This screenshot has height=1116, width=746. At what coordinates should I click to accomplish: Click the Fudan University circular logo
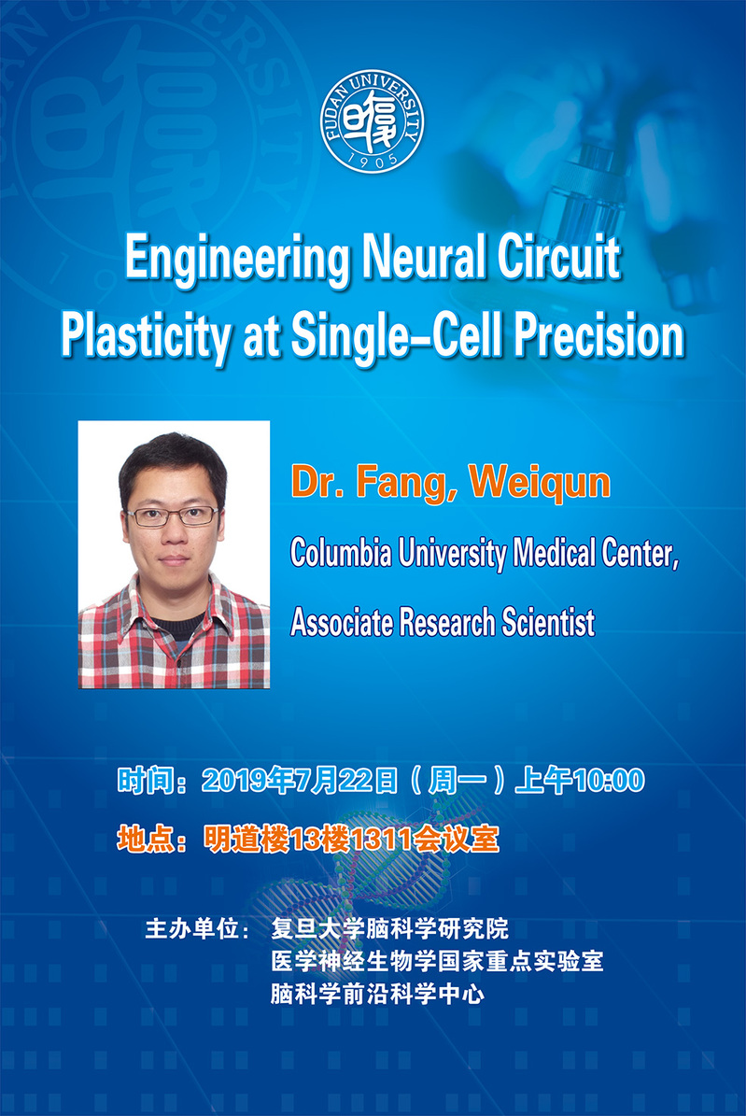[373, 121]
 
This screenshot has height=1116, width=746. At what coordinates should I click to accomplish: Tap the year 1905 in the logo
[373, 160]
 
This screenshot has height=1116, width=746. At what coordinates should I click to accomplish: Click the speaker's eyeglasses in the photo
[173, 516]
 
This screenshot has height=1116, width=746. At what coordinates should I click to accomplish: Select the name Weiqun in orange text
[540, 483]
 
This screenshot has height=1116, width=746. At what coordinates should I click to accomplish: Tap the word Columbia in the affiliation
[341, 552]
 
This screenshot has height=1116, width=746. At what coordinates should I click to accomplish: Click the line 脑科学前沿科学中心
[377, 994]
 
